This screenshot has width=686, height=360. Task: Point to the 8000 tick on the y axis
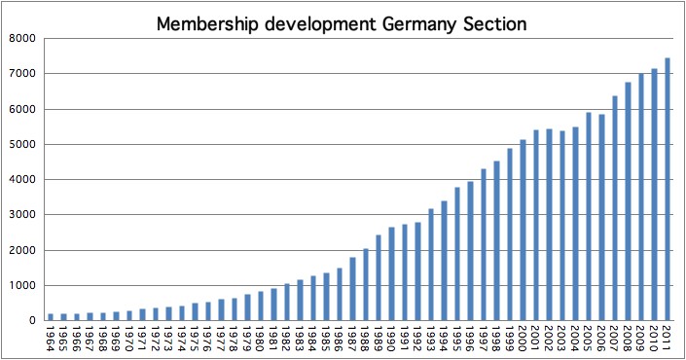coord(21,38)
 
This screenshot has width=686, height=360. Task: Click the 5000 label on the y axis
coord(21,144)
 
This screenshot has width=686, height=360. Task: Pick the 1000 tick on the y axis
coord(21,285)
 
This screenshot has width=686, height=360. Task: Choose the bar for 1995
coord(456,253)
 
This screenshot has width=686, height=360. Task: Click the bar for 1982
coord(286,302)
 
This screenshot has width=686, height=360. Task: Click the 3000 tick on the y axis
coord(21,215)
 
